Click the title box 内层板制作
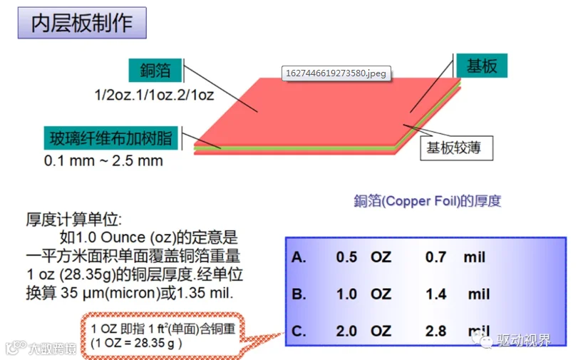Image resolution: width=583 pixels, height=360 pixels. (82, 23)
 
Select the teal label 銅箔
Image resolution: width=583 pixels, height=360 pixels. (155, 71)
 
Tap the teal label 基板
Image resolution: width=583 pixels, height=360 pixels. (482, 66)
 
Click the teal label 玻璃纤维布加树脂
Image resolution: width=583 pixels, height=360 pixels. (110, 138)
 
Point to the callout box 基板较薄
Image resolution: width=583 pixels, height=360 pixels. (457, 148)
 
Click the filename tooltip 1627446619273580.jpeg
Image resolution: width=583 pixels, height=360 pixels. (336, 73)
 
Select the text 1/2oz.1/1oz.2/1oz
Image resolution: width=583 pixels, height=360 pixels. (154, 96)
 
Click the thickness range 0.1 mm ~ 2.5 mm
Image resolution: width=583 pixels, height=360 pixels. (103, 161)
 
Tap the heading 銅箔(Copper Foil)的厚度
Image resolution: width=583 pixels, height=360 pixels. (427, 201)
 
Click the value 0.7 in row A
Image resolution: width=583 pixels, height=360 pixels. (435, 257)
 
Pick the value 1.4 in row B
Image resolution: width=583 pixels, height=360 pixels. (435, 294)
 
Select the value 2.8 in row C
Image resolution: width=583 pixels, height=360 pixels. (435, 331)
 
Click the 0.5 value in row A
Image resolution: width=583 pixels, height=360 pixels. (346, 257)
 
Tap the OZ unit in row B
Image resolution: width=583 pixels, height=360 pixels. (381, 294)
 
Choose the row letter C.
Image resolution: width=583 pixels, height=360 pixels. (299, 331)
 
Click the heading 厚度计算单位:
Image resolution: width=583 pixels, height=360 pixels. (73, 220)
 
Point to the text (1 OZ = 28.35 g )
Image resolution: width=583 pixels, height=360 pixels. (136, 343)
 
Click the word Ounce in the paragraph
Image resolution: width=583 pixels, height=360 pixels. (123, 237)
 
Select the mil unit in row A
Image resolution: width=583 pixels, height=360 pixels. (475, 257)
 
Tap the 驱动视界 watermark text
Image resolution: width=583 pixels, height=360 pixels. (524, 340)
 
